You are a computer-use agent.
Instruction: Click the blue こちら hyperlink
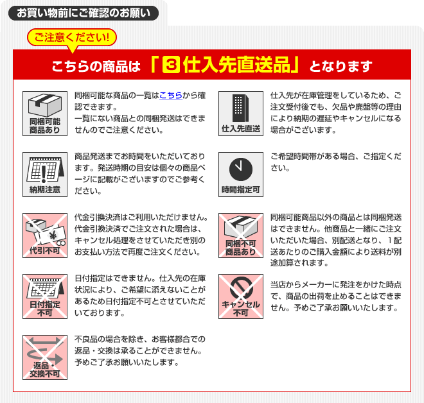pyautogui.click(x=171, y=96)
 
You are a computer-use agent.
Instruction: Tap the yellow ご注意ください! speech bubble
pyautogui.click(x=72, y=38)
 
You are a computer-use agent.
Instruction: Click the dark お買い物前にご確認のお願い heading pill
pyautogui.click(x=84, y=13)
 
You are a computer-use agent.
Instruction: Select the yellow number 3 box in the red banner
pyautogui.click(x=171, y=65)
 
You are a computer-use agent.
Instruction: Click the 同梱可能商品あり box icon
pyautogui.click(x=45, y=114)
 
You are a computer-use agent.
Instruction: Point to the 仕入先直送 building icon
pyautogui.click(x=241, y=114)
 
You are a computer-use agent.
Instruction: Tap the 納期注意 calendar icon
pyautogui.click(x=45, y=174)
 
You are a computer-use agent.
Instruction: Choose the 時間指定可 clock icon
pyautogui.click(x=241, y=174)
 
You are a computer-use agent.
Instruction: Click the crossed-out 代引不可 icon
pyautogui.click(x=45, y=236)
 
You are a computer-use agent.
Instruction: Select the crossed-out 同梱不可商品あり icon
pyautogui.click(x=241, y=236)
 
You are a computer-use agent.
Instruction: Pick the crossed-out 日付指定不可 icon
pyautogui.click(x=45, y=296)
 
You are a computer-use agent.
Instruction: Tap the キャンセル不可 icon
pyautogui.click(x=241, y=296)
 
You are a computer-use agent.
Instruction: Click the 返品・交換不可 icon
pyautogui.click(x=45, y=357)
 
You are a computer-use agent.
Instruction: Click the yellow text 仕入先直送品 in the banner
pyautogui.click(x=236, y=65)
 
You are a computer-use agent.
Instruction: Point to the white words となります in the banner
pyautogui.click(x=341, y=66)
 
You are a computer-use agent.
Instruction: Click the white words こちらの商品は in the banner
pyautogui.click(x=96, y=66)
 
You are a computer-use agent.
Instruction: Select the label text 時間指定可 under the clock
pyautogui.click(x=241, y=189)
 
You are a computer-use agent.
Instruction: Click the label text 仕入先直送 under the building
pyautogui.click(x=241, y=128)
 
